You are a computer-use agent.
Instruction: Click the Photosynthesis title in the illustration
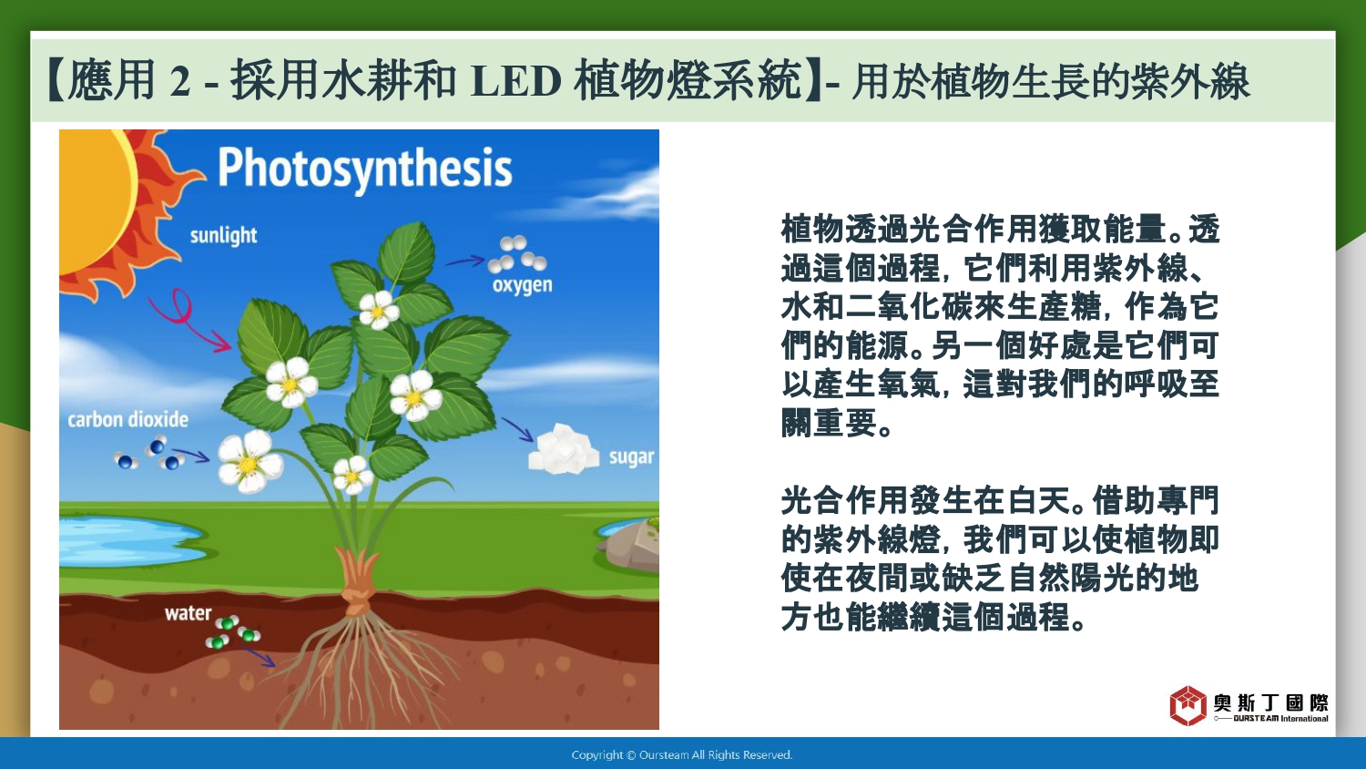pos(364,169)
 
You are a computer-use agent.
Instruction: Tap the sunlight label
pos(223,236)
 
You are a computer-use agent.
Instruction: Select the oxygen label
pos(522,285)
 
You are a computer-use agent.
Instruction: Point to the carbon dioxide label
pos(128,419)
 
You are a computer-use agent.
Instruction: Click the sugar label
pos(631,457)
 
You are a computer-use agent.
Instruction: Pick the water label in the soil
pos(188,613)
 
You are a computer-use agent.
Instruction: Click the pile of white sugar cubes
pos(564,450)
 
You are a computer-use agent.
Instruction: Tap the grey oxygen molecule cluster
pos(517,254)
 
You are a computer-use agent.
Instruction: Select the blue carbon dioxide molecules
pos(149,454)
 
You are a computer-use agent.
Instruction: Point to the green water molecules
pos(233,632)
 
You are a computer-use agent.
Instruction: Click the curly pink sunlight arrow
pos(185,317)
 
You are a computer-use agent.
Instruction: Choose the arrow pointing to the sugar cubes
pos(517,429)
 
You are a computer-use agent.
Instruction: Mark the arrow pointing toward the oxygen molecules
pos(465,261)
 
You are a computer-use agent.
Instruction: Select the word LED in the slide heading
pos(516,81)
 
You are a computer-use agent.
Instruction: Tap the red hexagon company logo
pos(1188,706)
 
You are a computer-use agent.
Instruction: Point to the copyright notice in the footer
pos(682,755)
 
